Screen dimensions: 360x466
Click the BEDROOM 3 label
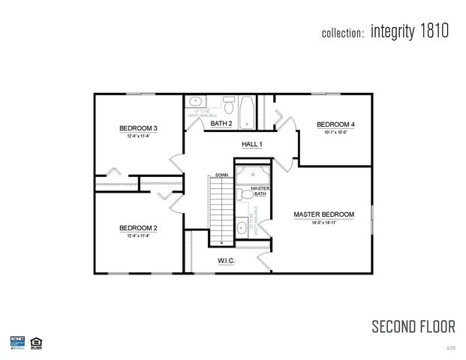(135, 128)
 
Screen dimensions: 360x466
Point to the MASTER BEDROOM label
(323, 214)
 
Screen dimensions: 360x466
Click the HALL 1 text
(252, 144)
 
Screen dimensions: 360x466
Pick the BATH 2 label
(221, 123)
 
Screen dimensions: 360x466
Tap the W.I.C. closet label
(227, 261)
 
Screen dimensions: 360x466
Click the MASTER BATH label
(260, 190)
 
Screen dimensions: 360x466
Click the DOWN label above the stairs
(221, 175)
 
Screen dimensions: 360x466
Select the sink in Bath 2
(195, 100)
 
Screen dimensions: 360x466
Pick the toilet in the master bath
(245, 194)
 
